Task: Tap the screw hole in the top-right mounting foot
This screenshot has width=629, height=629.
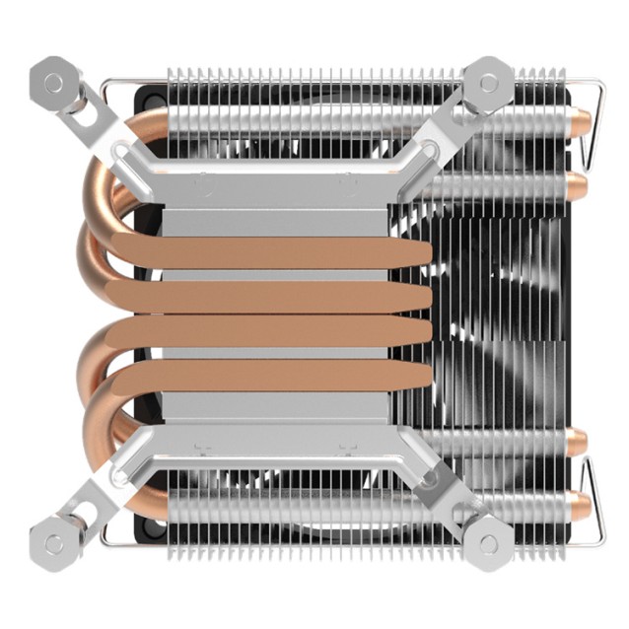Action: click(487, 83)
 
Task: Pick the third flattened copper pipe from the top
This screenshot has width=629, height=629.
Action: click(286, 333)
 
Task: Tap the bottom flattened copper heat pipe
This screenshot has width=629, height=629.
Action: click(286, 376)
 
